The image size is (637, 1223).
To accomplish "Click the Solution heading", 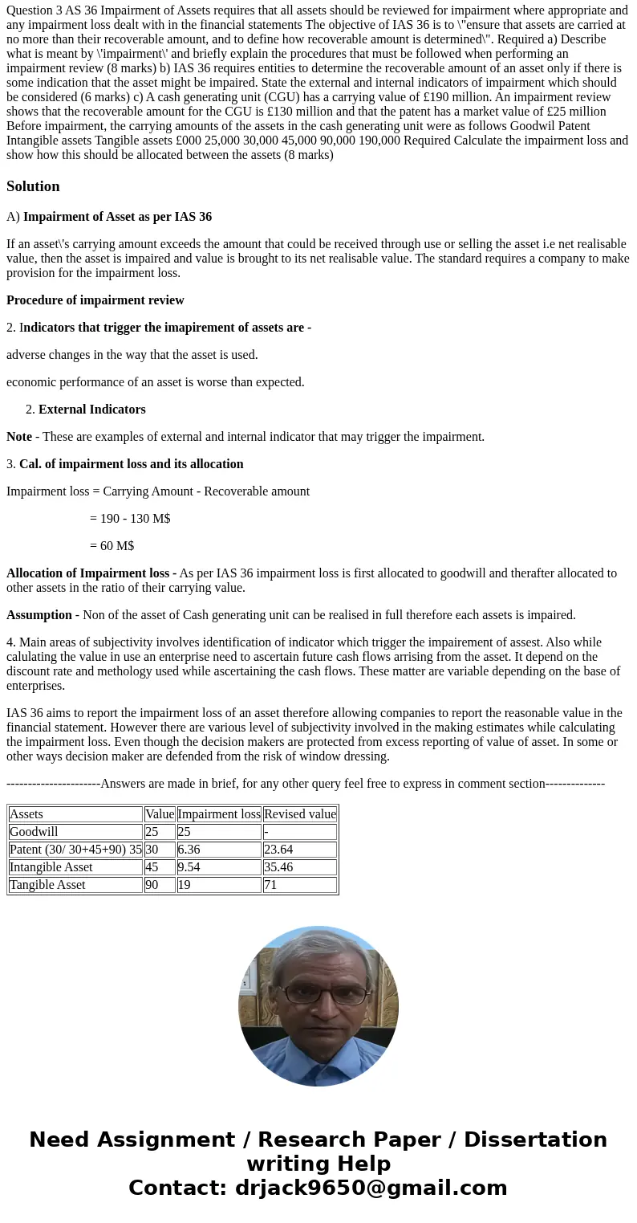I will click(x=33, y=186).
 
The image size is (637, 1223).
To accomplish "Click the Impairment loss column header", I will click(x=219, y=814).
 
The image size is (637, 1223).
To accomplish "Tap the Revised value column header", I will click(x=300, y=814).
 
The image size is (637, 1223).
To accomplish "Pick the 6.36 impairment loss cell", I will click(x=189, y=850).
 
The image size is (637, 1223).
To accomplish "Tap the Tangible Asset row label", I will click(x=47, y=885).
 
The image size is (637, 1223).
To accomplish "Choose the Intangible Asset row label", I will click(x=51, y=867).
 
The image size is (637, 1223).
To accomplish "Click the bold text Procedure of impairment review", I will click(x=95, y=300).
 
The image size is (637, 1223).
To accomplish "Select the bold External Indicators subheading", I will click(x=91, y=410).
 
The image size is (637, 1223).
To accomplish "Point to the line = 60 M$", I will click(x=112, y=546).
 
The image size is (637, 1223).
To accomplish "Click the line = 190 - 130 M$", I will click(x=130, y=519).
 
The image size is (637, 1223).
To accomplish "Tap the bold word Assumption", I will click(x=39, y=615).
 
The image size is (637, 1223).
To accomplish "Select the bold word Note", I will click(x=19, y=437).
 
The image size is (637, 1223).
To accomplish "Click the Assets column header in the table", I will click(x=26, y=814).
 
